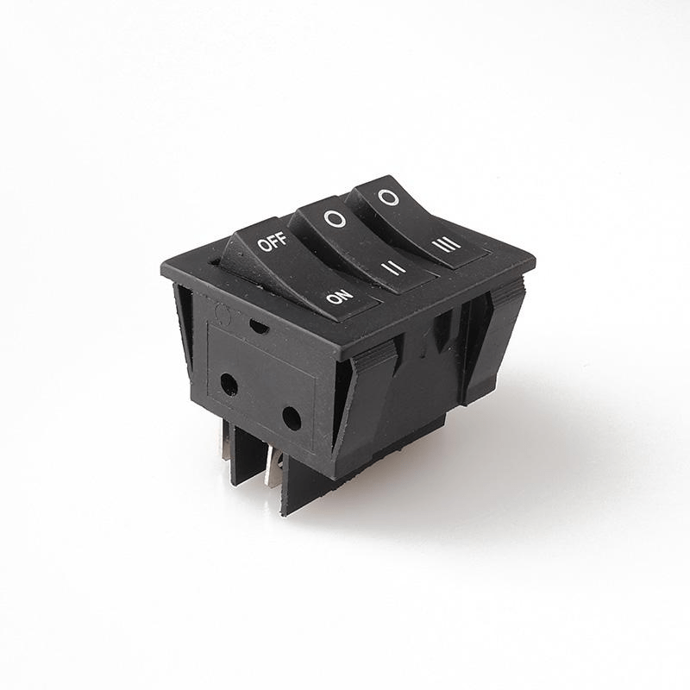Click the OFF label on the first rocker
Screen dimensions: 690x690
click(x=272, y=241)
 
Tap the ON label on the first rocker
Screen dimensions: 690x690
click(x=340, y=298)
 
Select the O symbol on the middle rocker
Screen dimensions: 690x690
click(x=336, y=219)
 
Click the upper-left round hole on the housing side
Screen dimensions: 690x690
click(x=229, y=383)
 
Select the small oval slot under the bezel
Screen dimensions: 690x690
click(x=258, y=325)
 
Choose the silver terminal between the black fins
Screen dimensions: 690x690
click(x=274, y=467)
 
